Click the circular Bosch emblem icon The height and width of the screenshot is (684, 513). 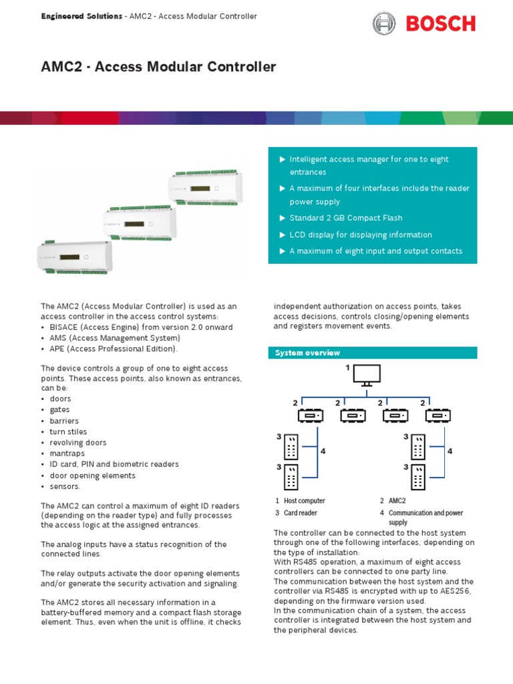pyautogui.click(x=384, y=24)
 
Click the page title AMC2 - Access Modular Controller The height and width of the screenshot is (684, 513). pyautogui.click(x=158, y=67)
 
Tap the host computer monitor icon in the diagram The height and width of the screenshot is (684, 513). pyautogui.click(x=367, y=375)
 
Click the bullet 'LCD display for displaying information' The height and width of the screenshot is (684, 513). pyautogui.click(x=361, y=235)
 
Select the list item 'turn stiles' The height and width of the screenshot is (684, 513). pyautogui.click(x=68, y=432)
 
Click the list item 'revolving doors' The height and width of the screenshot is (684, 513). pyautogui.click(x=78, y=443)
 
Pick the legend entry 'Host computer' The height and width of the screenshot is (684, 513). pyautogui.click(x=304, y=500)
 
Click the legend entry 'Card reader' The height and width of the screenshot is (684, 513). pyautogui.click(x=301, y=513)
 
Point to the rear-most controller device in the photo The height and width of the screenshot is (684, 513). pyautogui.click(x=206, y=188)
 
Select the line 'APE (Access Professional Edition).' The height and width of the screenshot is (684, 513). pyautogui.click(x=114, y=349)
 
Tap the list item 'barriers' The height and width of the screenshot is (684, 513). pyautogui.click(x=64, y=421)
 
